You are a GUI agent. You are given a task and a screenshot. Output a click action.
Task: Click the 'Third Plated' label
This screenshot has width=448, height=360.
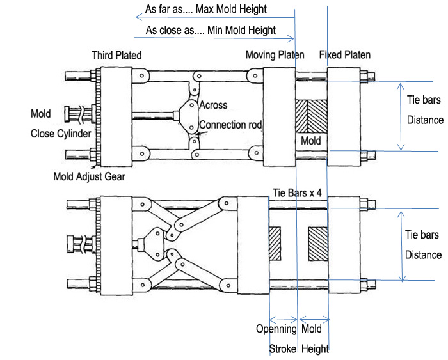116,55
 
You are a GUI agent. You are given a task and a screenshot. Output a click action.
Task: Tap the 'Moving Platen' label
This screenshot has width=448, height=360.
275,55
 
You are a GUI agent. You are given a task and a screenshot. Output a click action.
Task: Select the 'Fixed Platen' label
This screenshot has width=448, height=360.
345,55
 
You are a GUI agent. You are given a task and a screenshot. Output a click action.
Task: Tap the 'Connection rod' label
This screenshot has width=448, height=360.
230,125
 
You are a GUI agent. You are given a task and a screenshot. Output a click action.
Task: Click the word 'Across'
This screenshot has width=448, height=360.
213,105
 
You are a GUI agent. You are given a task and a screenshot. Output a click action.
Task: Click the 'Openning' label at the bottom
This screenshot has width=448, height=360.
276,329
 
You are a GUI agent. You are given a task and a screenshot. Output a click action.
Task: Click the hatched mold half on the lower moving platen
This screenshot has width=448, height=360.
275,244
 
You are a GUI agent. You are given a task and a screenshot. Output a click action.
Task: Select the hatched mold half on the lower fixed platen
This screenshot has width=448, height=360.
317,244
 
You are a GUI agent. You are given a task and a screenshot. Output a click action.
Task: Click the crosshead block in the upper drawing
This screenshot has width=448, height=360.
190,115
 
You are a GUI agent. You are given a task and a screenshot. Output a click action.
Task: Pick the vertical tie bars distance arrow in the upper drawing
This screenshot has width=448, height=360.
401,116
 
